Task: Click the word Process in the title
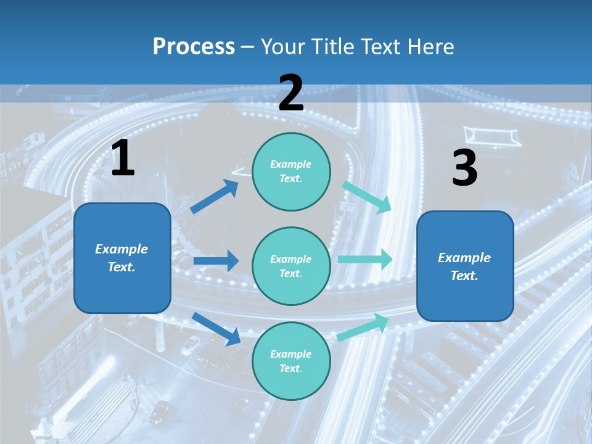pos(194,47)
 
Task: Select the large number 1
pos(123,158)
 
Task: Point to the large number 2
pos(291,93)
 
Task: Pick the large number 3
pos(464,168)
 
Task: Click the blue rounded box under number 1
pos(122,258)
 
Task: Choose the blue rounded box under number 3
pos(465,266)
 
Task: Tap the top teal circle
pos(291,171)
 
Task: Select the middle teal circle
pos(291,266)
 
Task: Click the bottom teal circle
pos(291,361)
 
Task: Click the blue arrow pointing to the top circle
pos(215,197)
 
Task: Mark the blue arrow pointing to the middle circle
pos(216,261)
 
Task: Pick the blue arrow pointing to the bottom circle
pos(216,329)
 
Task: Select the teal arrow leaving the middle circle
pos(365,259)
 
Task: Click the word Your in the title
pos(283,47)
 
